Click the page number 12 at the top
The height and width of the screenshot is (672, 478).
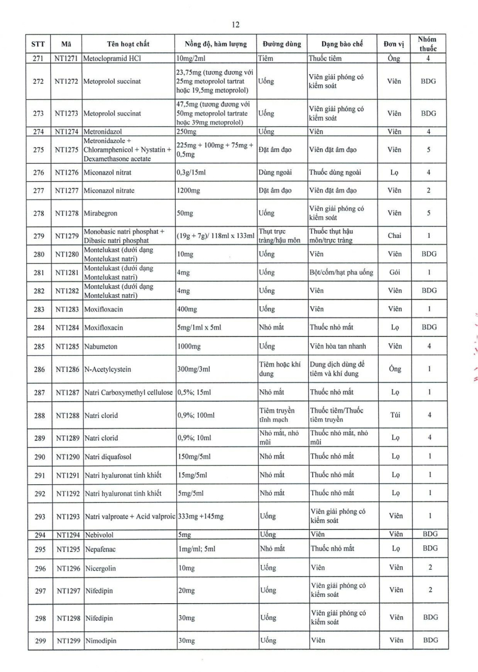tap(235, 25)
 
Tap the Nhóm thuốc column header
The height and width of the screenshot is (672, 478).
tap(428, 44)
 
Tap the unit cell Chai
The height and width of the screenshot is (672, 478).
tap(395, 236)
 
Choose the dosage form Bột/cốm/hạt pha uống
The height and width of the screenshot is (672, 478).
tap(341, 273)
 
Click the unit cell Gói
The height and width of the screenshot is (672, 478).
tap(395, 273)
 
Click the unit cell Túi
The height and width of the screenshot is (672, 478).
tap(395, 415)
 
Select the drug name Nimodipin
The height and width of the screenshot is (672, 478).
tap(101, 640)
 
